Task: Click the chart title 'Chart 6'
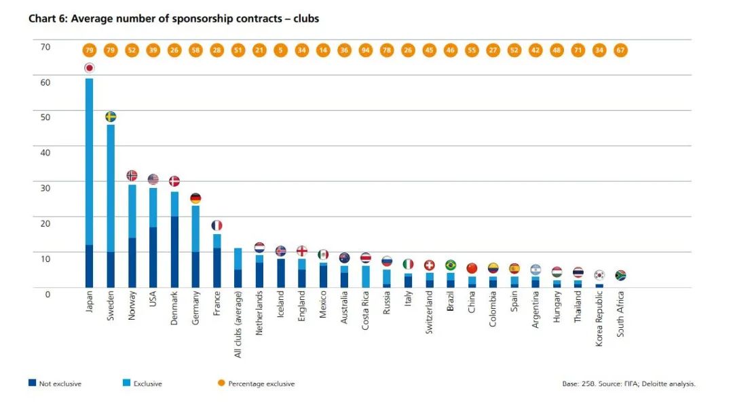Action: pyautogui.click(x=173, y=18)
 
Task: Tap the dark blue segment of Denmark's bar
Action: pyautogui.click(x=174, y=251)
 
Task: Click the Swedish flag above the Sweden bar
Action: pyautogui.click(x=111, y=117)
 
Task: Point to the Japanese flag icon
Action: pyautogui.click(x=89, y=68)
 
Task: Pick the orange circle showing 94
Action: pyautogui.click(x=365, y=50)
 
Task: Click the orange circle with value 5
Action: pyautogui.click(x=280, y=50)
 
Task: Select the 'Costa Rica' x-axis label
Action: pyautogui.click(x=366, y=311)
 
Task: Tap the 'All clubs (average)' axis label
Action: pyautogui.click(x=238, y=324)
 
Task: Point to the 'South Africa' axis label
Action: pyautogui.click(x=620, y=314)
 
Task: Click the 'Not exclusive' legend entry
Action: pyautogui.click(x=55, y=383)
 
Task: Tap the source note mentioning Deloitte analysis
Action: pyautogui.click(x=628, y=383)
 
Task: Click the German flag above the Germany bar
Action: pyautogui.click(x=195, y=199)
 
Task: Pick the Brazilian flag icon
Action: pyautogui.click(x=450, y=265)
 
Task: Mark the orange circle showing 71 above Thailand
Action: pyautogui.click(x=578, y=50)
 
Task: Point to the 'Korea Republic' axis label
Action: pyautogui.click(x=599, y=319)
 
